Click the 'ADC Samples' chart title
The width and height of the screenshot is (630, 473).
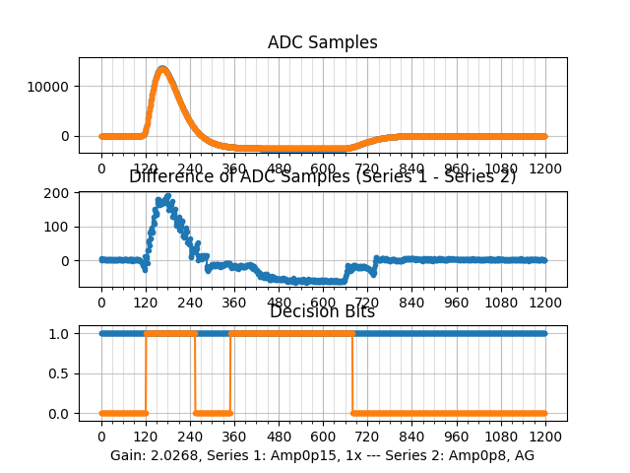pyautogui.click(x=322, y=42)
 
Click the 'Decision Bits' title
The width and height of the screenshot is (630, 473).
pyautogui.click(x=322, y=312)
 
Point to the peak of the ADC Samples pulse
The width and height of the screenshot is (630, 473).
pyautogui.click(x=162, y=68)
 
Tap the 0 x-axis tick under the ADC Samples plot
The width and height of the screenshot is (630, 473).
pyautogui.click(x=100, y=169)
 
